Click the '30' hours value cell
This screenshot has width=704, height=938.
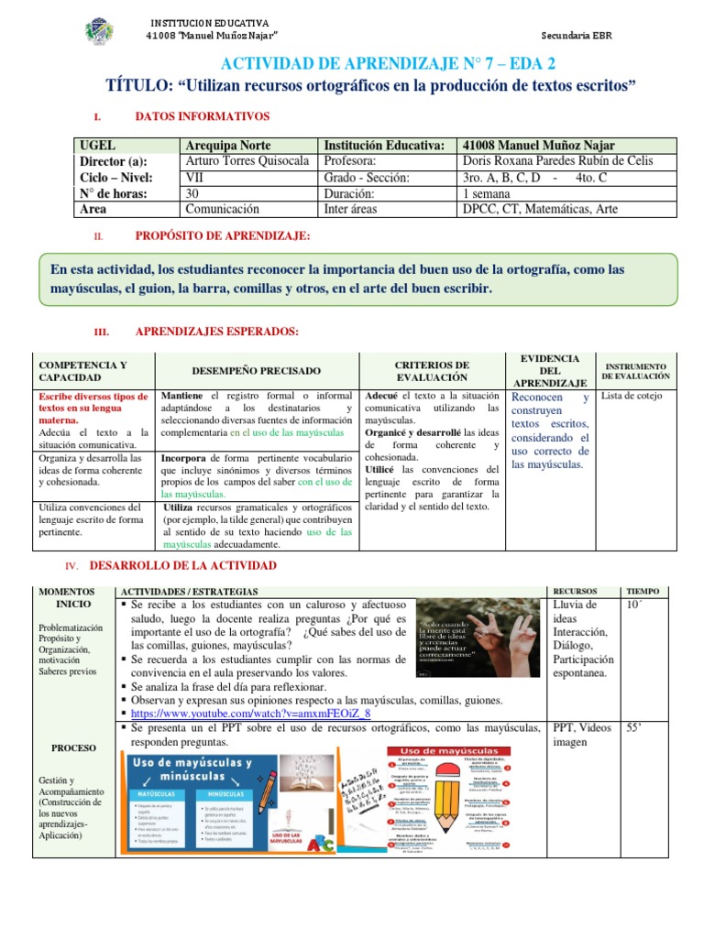pos(193,193)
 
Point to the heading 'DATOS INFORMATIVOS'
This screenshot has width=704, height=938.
pos(202,116)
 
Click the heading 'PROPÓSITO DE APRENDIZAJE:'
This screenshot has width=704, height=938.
pos(222,236)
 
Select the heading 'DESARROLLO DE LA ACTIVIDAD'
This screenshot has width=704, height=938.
pos(182,567)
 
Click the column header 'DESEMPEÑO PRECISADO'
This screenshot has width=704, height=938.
pos(257,371)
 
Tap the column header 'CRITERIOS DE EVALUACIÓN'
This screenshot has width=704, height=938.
pos(432,371)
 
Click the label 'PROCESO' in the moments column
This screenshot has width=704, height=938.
pos(73,748)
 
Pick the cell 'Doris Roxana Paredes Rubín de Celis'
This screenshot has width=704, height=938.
pos(558,161)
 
